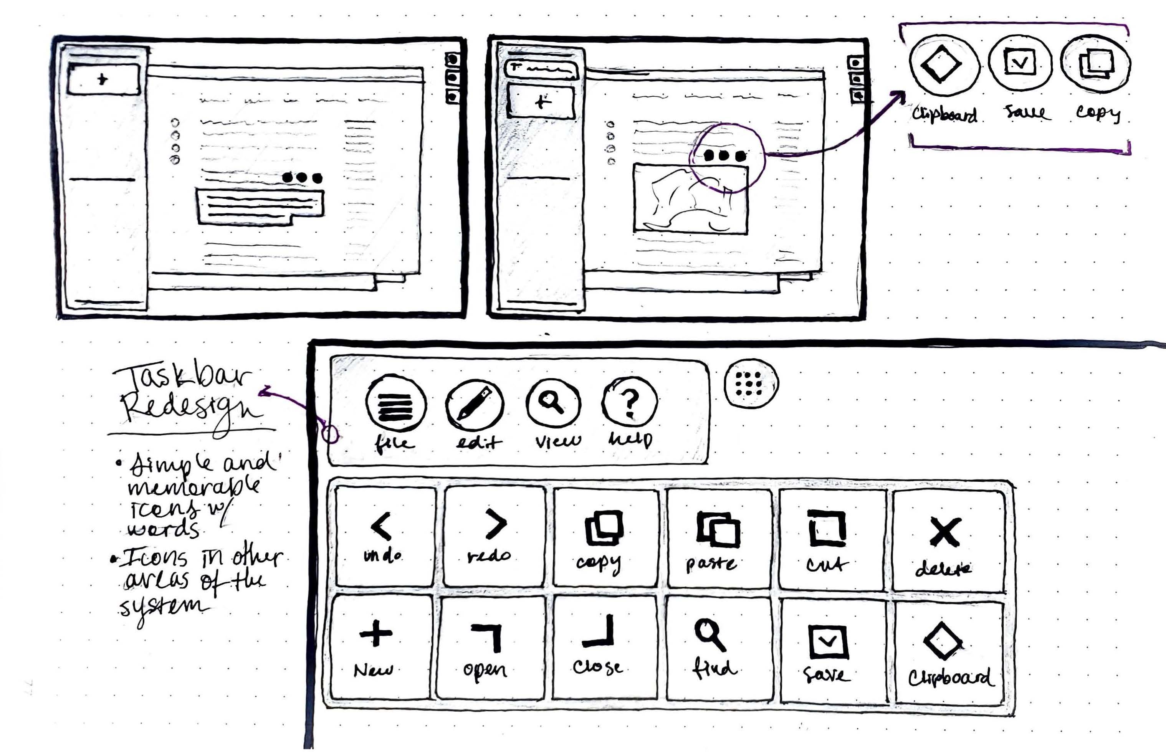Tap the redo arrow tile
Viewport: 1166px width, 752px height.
(494, 535)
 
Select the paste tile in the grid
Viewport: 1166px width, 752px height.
(718, 538)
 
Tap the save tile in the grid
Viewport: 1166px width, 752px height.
(830, 650)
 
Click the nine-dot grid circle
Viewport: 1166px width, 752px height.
(751, 383)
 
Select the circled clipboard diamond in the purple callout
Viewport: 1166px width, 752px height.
(943, 64)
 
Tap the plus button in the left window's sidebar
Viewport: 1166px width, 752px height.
(103, 79)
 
